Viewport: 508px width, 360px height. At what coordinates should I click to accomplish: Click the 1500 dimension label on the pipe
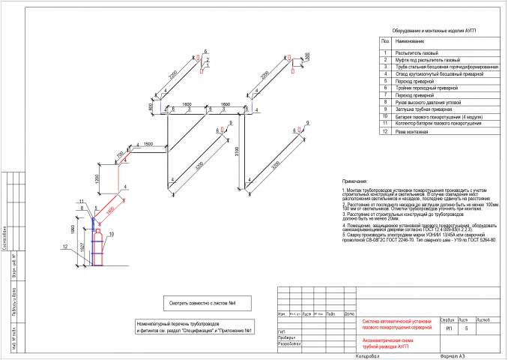click(148, 143)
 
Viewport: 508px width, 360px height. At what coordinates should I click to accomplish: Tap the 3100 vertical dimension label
click(235, 153)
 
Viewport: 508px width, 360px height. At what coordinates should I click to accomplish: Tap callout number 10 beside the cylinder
click(112, 234)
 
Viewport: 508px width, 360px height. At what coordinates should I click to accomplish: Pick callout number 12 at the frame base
click(66, 246)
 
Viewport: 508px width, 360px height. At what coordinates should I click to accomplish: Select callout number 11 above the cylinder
click(79, 202)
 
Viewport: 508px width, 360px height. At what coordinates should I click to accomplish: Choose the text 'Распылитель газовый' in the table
click(416, 52)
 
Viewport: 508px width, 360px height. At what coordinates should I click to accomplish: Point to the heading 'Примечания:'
click(354, 181)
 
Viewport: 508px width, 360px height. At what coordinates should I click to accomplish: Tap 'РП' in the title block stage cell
click(448, 328)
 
